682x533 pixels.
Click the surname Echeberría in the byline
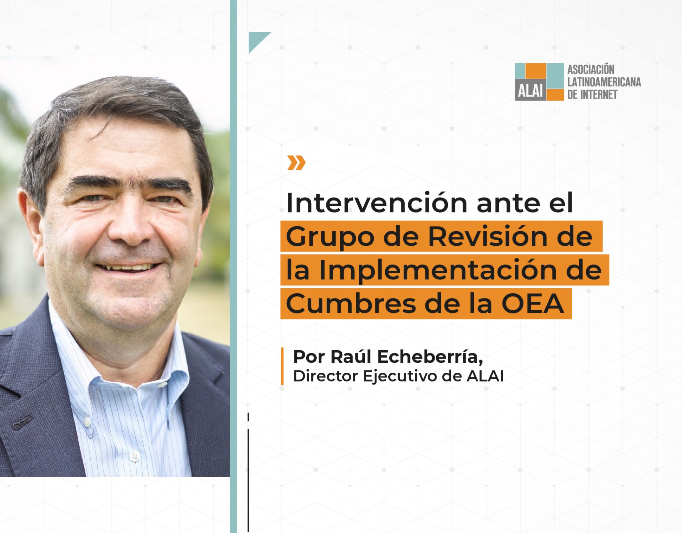coord(430,357)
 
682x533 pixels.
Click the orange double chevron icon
coord(296,163)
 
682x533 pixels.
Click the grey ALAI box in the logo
coord(530,90)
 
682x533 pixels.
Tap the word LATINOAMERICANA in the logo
coord(604,82)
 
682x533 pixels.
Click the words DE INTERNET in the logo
coord(592,95)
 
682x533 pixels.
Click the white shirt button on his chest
coord(135,456)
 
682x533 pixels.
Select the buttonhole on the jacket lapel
coord(22,422)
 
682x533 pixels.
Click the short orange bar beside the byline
coord(282,366)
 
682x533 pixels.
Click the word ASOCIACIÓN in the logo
coord(591,70)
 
